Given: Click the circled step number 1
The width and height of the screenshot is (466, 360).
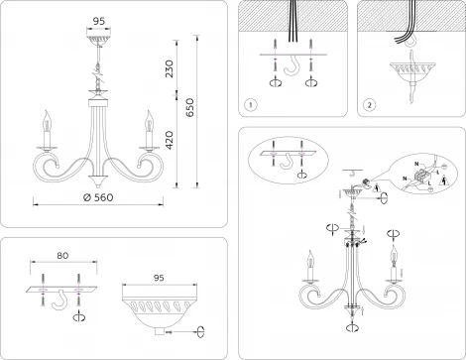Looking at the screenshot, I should point(252,103).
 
